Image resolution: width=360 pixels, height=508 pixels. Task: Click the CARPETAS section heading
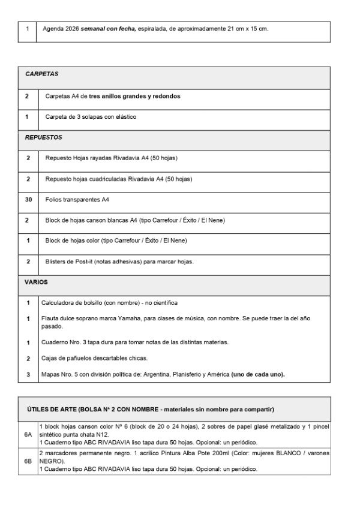pos(41,74)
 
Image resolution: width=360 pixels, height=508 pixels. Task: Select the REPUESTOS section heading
pos(43,137)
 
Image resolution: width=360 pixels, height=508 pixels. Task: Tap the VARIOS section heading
pos(36,282)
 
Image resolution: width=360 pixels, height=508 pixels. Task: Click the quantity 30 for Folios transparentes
pos(28,199)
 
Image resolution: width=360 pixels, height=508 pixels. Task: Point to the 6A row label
pos(28,432)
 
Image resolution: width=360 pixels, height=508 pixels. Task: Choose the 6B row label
pos(28,461)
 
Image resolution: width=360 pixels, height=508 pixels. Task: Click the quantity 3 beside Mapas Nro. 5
pos(28,374)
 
